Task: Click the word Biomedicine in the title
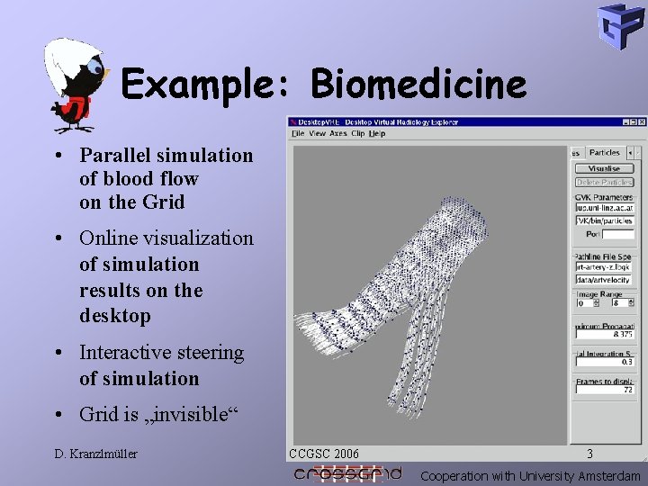418,85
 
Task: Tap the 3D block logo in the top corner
621,26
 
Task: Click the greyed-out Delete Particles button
604,182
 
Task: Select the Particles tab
605,153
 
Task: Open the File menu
298,133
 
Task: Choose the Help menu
377,133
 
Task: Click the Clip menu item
357,133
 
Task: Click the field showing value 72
605,390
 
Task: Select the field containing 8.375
605,334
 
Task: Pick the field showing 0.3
605,362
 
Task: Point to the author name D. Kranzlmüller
94,454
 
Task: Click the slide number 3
589,454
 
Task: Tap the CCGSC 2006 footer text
324,454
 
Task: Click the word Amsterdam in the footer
609,476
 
